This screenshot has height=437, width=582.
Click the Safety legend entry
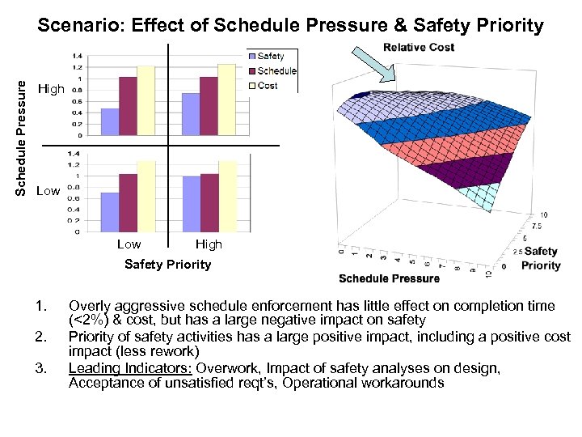271,57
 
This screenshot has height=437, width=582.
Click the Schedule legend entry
276,71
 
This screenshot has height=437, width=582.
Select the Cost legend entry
268,85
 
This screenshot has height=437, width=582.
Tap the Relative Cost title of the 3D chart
418,47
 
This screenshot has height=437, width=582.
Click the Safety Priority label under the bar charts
167,264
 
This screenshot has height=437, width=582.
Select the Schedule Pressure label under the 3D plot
389,278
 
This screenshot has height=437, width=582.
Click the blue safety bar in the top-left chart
109,119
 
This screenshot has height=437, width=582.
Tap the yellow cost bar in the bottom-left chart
146,196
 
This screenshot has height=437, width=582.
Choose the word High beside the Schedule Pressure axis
51,89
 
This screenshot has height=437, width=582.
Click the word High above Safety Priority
209,244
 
